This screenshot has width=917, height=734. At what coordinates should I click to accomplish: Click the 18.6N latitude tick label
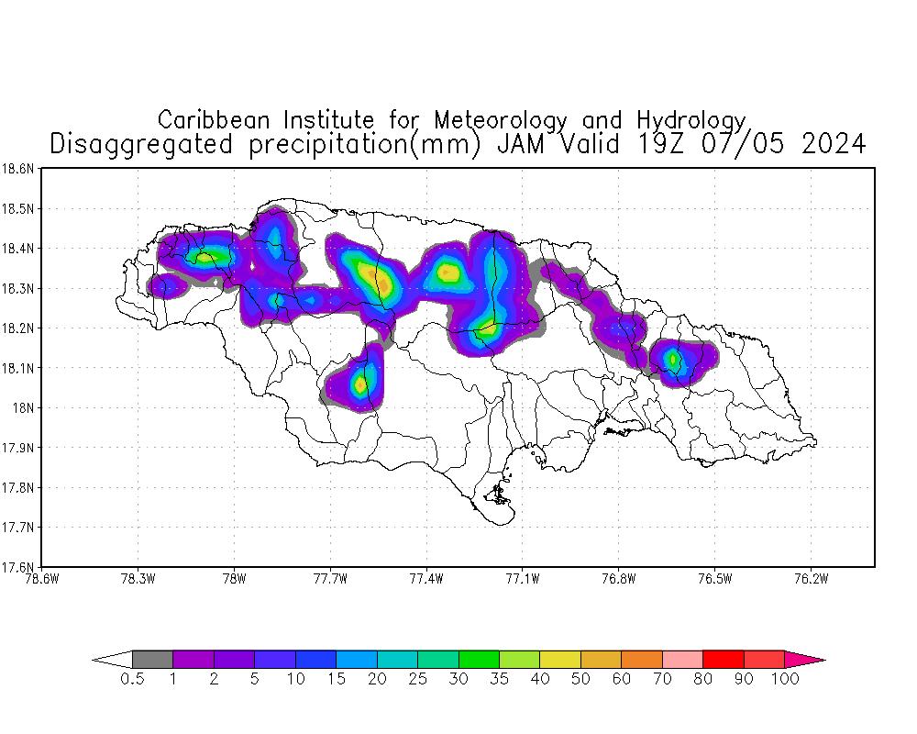(x=18, y=169)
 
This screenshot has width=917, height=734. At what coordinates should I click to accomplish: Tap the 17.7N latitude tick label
(x=18, y=528)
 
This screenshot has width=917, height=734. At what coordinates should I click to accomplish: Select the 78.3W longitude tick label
(x=138, y=578)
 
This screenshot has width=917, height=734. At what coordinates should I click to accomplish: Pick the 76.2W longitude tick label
(x=811, y=578)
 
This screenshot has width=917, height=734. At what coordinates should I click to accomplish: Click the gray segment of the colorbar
(x=152, y=659)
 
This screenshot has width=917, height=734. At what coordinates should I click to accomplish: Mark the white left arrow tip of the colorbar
(x=112, y=659)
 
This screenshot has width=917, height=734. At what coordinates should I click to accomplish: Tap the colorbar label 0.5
(x=132, y=680)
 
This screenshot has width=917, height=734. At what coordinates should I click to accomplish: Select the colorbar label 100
(x=785, y=680)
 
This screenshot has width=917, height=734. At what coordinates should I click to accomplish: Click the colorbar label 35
(x=499, y=680)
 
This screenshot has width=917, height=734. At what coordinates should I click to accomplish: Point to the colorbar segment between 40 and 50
(x=559, y=659)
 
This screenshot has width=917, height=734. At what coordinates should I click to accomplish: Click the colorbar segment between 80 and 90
(x=723, y=659)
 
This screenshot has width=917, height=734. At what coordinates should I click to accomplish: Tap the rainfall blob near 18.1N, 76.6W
(x=674, y=360)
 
